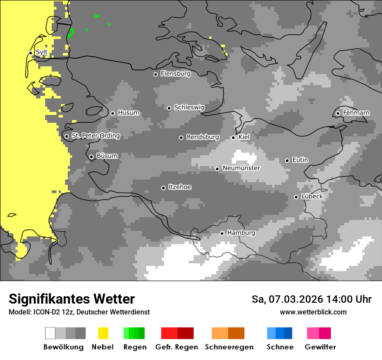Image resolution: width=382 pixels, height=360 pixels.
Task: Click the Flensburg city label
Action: click(x=175, y=74)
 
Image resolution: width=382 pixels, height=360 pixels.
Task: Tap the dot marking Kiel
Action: click(x=233, y=137)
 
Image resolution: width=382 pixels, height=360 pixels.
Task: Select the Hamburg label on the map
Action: click(x=241, y=233)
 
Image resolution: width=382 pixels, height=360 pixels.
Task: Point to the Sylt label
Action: click(x=41, y=52)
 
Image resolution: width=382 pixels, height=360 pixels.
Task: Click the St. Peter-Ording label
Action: click(x=95, y=136)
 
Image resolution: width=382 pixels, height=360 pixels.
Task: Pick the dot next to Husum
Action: click(x=112, y=113)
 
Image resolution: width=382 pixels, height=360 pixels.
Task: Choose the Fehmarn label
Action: click(x=356, y=113)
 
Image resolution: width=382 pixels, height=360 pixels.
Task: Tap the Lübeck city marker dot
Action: click(x=296, y=197)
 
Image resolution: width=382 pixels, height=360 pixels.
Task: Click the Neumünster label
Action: click(x=241, y=168)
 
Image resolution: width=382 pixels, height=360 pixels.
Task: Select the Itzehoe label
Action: click(x=180, y=187)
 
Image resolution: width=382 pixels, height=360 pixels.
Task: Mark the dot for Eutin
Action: click(x=287, y=160)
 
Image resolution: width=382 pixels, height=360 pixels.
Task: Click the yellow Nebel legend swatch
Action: click(x=103, y=333)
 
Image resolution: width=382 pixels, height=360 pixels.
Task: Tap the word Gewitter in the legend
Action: click(x=320, y=347)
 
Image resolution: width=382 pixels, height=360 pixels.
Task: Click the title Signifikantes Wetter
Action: click(x=72, y=299)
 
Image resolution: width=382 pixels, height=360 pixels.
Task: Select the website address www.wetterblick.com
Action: click(x=313, y=312)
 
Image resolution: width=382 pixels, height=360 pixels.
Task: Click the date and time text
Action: click(x=311, y=299)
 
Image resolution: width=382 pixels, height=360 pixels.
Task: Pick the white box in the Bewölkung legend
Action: click(x=50, y=333)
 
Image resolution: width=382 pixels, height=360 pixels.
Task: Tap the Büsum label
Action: click(x=107, y=156)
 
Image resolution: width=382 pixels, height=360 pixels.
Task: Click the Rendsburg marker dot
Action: click(x=181, y=137)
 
